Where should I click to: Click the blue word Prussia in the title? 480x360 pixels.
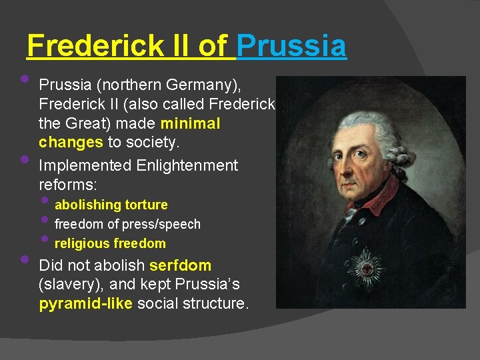(x=291, y=46)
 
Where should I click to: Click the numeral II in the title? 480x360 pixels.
(x=175, y=46)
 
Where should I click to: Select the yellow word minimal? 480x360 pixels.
(x=190, y=124)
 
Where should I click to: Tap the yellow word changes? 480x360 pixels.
(x=71, y=142)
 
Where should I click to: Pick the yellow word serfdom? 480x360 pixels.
(x=181, y=265)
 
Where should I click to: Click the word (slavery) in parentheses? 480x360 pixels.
(x=67, y=285)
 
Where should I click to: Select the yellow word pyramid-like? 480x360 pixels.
(x=85, y=304)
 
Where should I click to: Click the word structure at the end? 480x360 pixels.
(x=216, y=304)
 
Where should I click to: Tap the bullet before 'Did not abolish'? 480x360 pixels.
(x=25, y=259)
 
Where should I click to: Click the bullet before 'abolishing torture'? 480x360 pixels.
(x=45, y=201)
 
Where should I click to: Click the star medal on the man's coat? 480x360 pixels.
(x=363, y=269)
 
